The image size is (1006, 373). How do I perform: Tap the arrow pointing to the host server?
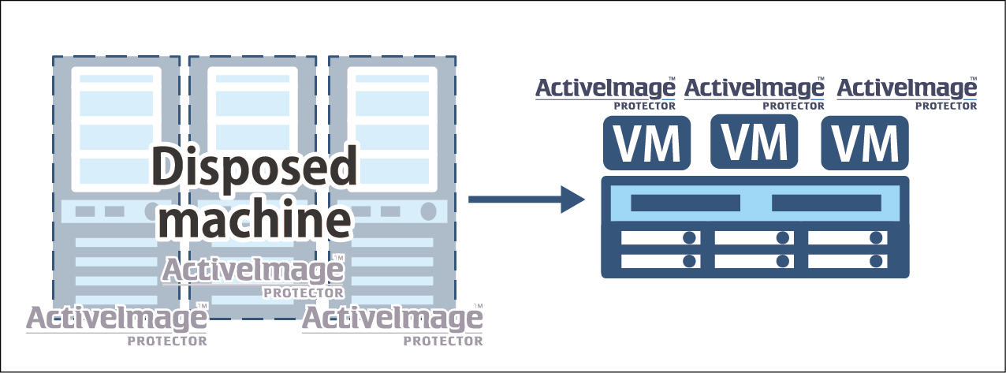[527, 200]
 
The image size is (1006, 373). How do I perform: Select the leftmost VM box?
[646, 143]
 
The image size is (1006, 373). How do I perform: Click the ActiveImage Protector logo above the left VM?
[605, 93]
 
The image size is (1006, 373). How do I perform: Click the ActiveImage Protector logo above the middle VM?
[754, 93]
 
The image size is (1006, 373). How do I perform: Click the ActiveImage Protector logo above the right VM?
[907, 93]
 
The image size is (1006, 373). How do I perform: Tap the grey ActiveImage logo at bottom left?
[117, 325]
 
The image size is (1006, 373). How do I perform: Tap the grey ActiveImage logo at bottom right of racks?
[393, 325]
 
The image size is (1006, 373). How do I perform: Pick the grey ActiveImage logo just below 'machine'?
[253, 276]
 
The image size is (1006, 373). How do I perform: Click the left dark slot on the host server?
[685, 203]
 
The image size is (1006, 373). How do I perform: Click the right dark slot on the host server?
[826, 203]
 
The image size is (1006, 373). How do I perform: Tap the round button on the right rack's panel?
[428, 211]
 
